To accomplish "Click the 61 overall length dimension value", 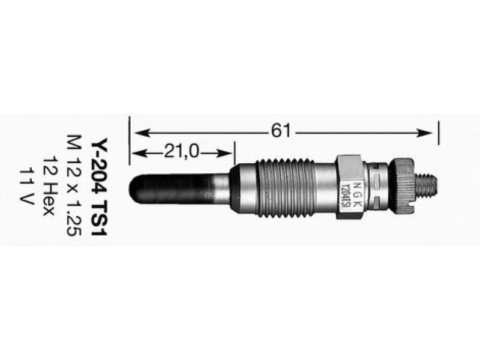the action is [280, 131].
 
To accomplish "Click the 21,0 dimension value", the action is [182, 151].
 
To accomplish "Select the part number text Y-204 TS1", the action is [100, 187].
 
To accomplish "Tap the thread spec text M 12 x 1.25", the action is [74, 185].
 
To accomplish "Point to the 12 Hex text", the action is [49, 186].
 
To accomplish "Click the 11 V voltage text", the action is [26, 186].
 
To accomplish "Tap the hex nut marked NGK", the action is [350, 187].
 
